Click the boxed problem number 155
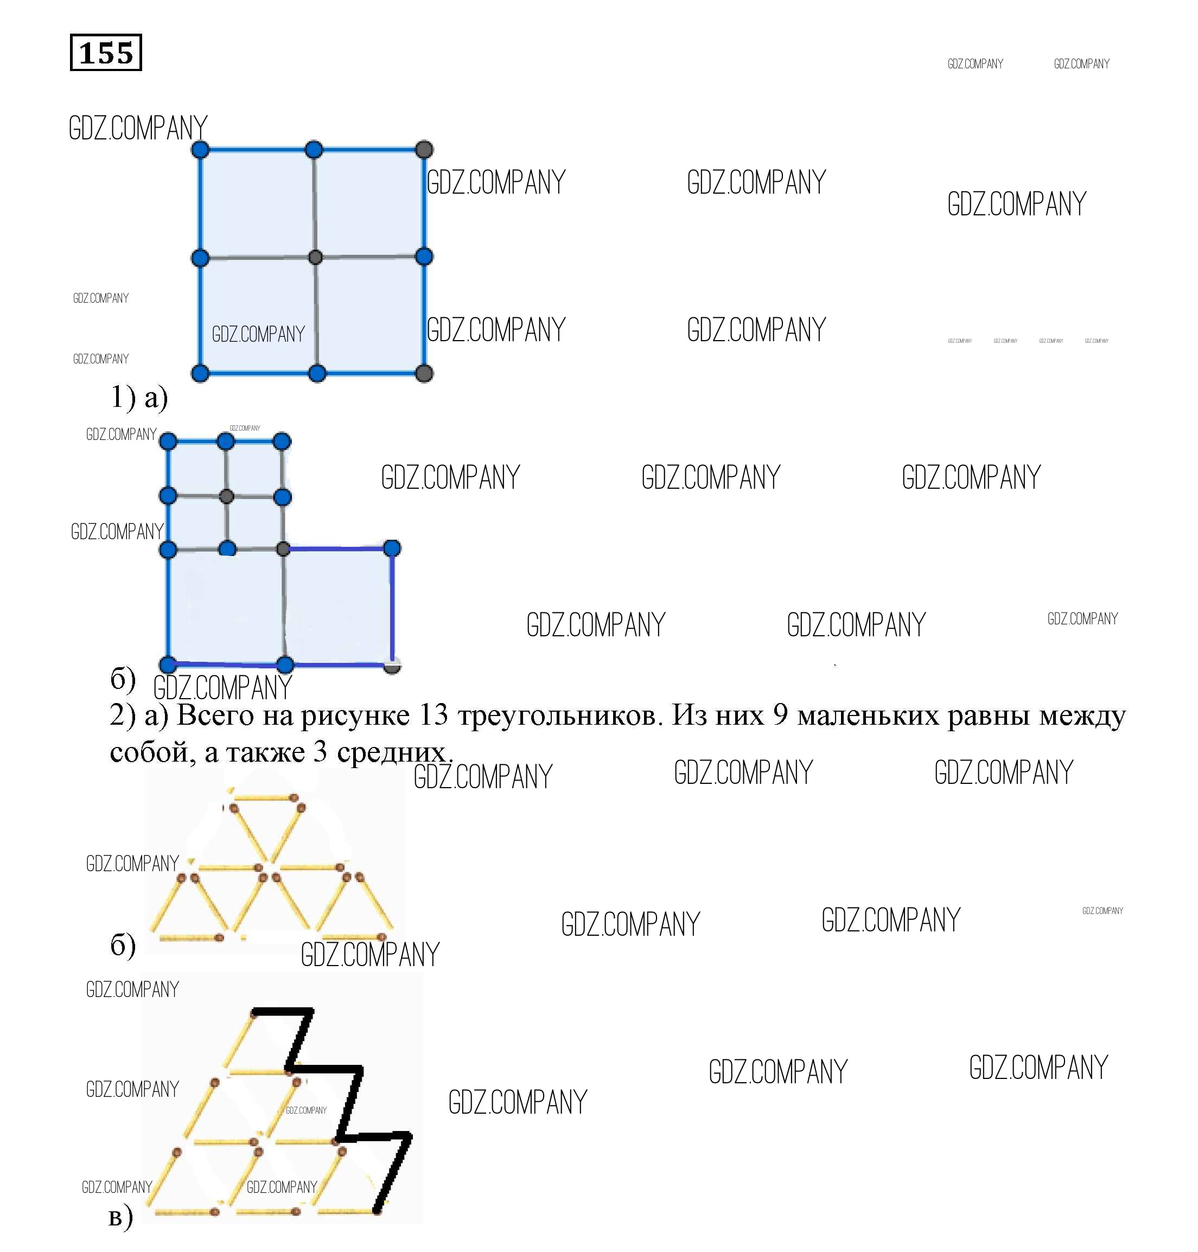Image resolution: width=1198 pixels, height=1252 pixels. pos(105,53)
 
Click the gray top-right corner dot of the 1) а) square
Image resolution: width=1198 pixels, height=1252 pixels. pos(424,150)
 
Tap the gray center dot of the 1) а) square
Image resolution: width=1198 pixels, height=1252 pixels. pos(315,257)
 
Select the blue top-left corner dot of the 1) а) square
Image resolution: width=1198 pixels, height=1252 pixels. pos(201,150)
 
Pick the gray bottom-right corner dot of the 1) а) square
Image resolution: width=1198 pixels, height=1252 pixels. pos(424,374)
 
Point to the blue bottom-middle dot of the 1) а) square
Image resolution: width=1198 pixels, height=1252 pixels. pos(317,374)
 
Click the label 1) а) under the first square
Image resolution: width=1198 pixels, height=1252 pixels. pos(139,397)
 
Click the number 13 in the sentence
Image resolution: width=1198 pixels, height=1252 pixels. pos(434,714)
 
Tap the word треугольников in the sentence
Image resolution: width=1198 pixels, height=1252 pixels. pos(557,716)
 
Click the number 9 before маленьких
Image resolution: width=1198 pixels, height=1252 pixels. pos(780,714)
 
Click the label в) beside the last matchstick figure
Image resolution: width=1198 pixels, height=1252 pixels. pos(120,1216)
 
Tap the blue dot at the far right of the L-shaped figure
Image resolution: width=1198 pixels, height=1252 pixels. pos(392,548)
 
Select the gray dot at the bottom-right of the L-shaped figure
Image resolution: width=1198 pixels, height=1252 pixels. pos(392,665)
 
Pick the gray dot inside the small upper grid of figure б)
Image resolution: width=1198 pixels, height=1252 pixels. pos(226,496)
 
